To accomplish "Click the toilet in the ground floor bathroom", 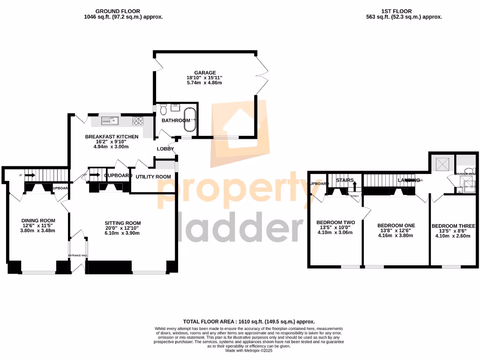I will [x=163, y=110].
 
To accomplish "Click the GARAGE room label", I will [x=205, y=73].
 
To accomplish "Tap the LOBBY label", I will [x=165, y=149].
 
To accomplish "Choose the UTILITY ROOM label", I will [x=153, y=177].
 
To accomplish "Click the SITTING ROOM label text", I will [x=123, y=223].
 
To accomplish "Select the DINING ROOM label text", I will [x=38, y=220].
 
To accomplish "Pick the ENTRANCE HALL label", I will [x=78, y=255].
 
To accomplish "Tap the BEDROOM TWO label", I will [x=335, y=222].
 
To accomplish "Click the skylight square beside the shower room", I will [x=442, y=164].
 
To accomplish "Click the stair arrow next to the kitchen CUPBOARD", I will [x=95, y=176].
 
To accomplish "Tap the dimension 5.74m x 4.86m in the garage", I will [x=205, y=82].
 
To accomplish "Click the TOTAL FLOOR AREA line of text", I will [x=248, y=322].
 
